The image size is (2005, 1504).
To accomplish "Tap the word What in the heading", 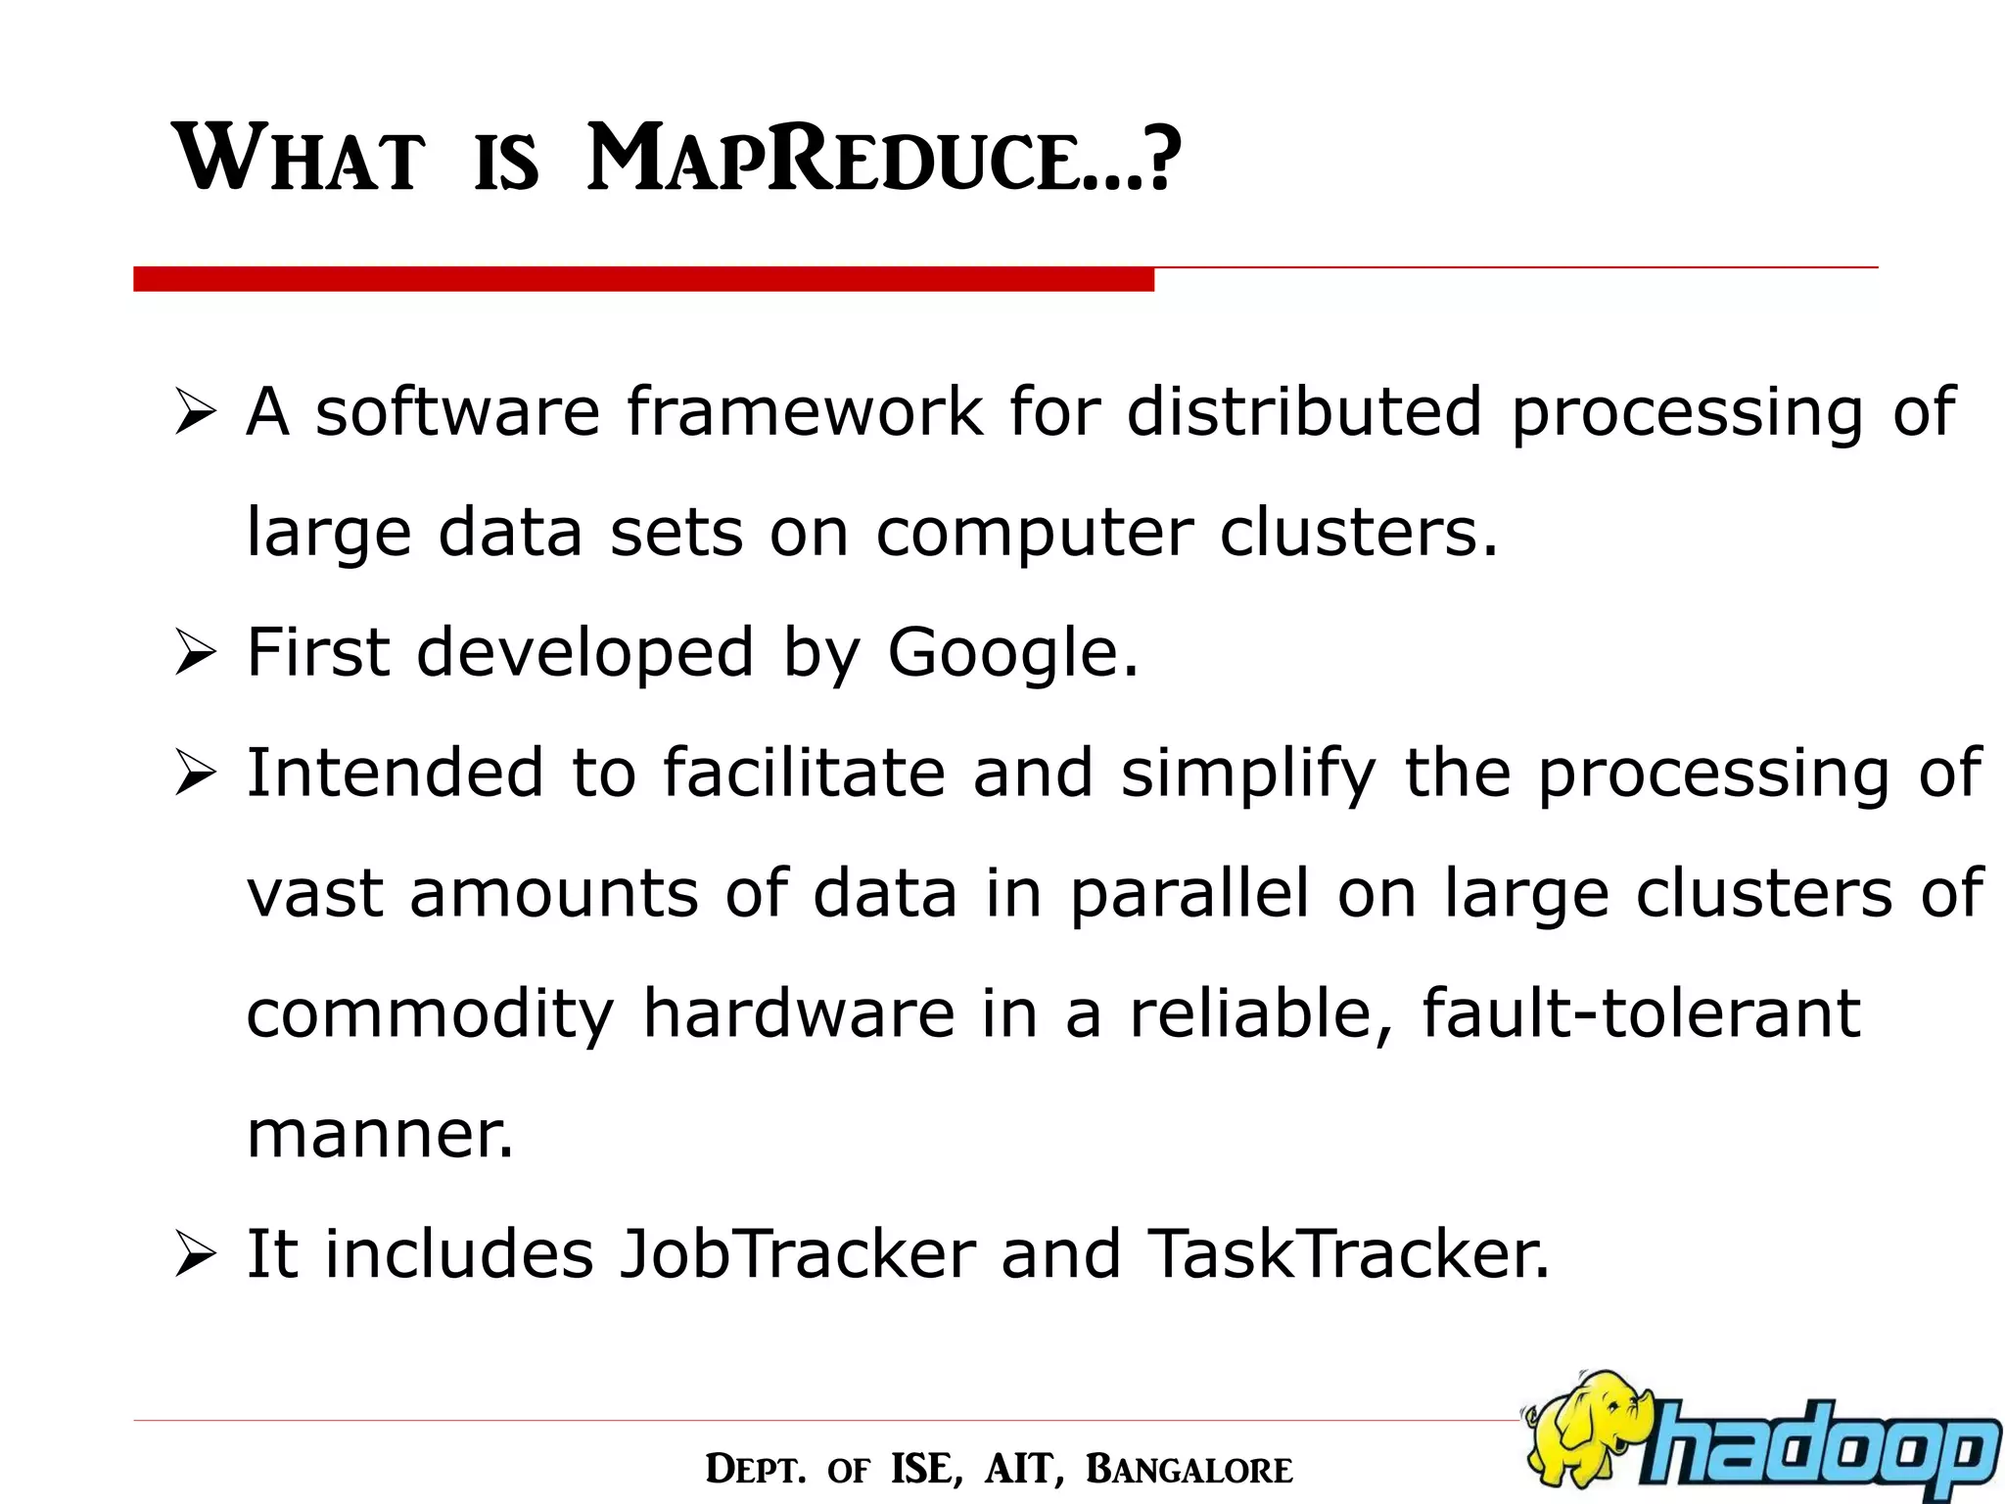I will pyautogui.click(x=300, y=159).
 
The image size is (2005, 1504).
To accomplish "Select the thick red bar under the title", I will pyautogui.click(x=643, y=279).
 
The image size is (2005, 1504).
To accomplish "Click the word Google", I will pyautogui.click(x=1012, y=653).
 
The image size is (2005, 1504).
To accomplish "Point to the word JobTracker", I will pyautogui.click(x=798, y=1254).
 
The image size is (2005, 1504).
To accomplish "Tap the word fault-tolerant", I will pyautogui.click(x=1641, y=1013).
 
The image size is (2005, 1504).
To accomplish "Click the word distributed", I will pyautogui.click(x=1304, y=410).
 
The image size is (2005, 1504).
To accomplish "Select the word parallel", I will pyautogui.click(x=1189, y=894).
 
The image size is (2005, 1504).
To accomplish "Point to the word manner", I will pyautogui.click(x=379, y=1134).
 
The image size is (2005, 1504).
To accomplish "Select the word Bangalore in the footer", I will pyautogui.click(x=1189, y=1470).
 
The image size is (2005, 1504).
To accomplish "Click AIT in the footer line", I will pyautogui.click(x=1022, y=1470).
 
